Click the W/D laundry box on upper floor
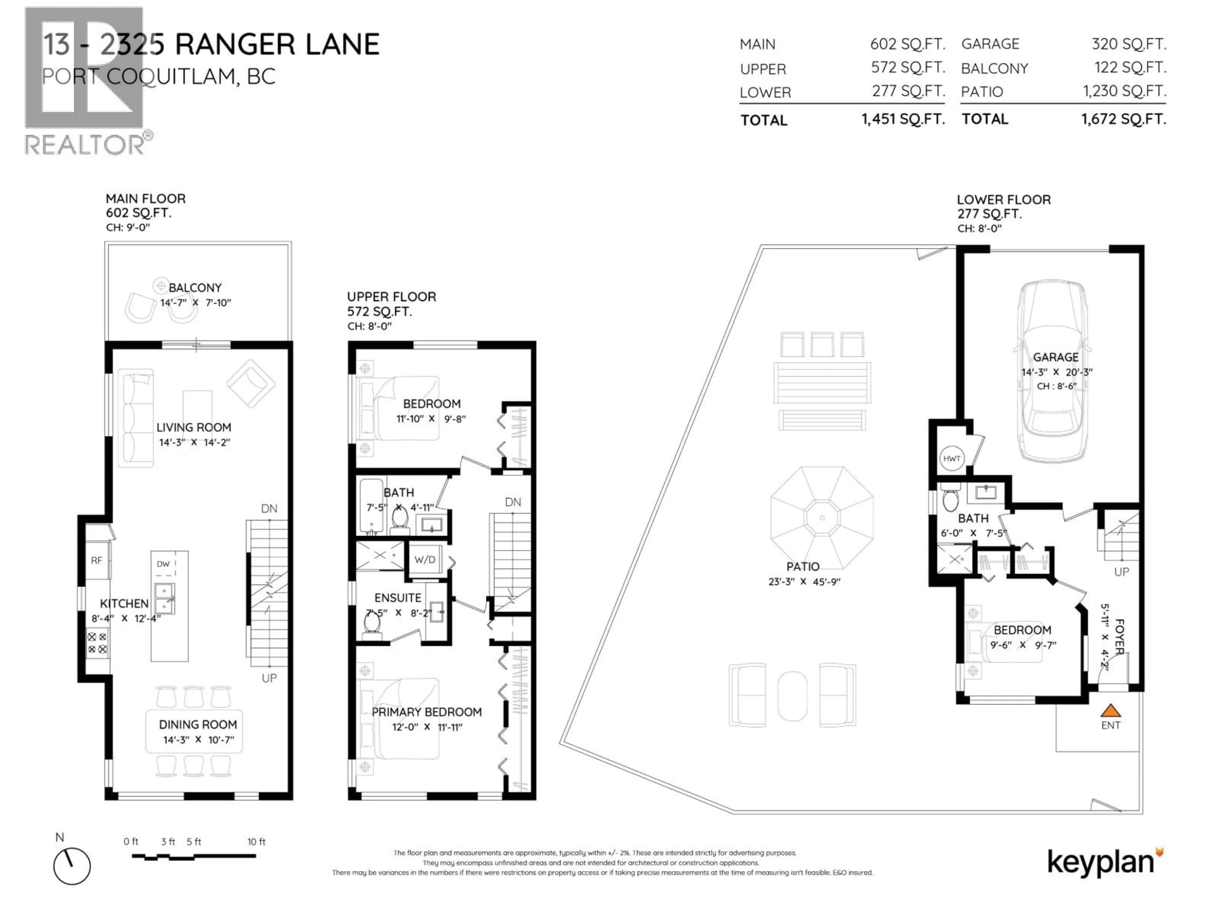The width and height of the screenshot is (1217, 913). tap(425, 560)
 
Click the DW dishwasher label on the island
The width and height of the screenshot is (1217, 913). tap(163, 564)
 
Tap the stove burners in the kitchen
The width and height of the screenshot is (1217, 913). tap(97, 643)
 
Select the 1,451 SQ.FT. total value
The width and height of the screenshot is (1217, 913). tap(903, 119)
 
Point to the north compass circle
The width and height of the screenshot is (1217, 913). tap(72, 866)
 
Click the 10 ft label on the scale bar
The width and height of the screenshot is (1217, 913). tap(256, 841)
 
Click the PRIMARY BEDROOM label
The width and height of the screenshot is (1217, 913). tap(426, 712)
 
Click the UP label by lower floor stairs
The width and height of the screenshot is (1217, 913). tap(1121, 572)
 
